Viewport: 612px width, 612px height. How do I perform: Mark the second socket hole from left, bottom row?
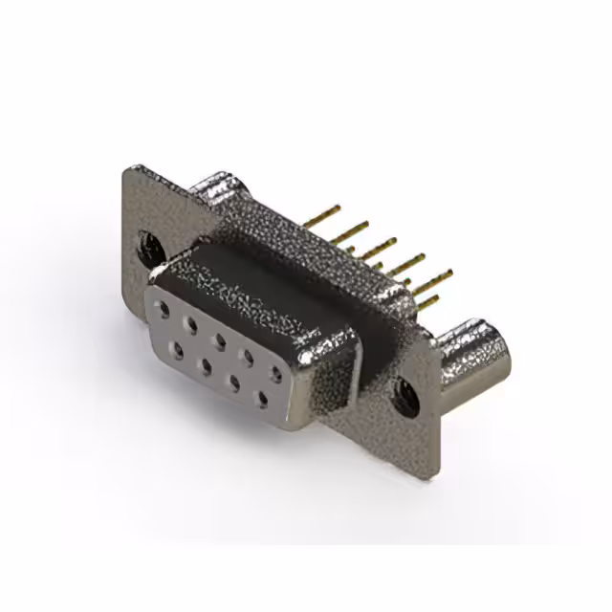(x=206, y=363)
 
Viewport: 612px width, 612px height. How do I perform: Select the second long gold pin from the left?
(x=354, y=229)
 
